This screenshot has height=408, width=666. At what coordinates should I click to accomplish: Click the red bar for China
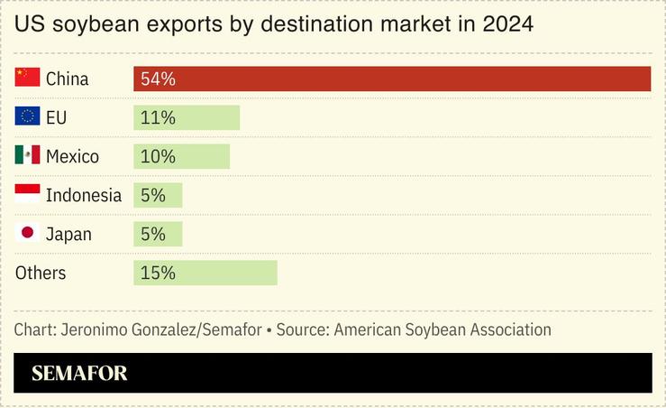(x=392, y=79)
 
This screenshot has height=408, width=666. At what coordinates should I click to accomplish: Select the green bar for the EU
(x=187, y=117)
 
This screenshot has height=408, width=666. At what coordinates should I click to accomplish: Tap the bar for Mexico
(x=181, y=156)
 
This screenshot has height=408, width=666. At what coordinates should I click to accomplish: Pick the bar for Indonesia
(x=158, y=195)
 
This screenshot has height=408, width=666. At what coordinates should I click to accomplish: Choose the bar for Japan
(x=158, y=234)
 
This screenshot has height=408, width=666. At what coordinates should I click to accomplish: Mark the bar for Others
(x=205, y=273)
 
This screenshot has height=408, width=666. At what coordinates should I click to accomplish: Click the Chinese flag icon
(x=27, y=78)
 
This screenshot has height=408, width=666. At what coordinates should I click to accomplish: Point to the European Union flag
(x=27, y=116)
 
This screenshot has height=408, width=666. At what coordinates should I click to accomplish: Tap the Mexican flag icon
(x=27, y=155)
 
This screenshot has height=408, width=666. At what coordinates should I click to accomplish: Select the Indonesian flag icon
(x=27, y=192)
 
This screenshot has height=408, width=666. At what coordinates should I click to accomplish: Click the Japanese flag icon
(x=27, y=233)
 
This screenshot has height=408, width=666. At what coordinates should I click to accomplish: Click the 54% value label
(x=158, y=79)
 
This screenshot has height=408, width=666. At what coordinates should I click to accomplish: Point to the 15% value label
(x=158, y=273)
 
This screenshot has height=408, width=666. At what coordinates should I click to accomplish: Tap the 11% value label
(x=158, y=117)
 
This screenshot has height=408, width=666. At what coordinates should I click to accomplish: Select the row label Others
(x=41, y=273)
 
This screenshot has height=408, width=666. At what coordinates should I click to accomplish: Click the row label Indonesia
(x=83, y=195)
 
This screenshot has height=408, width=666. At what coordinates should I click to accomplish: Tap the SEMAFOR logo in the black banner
(x=79, y=373)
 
